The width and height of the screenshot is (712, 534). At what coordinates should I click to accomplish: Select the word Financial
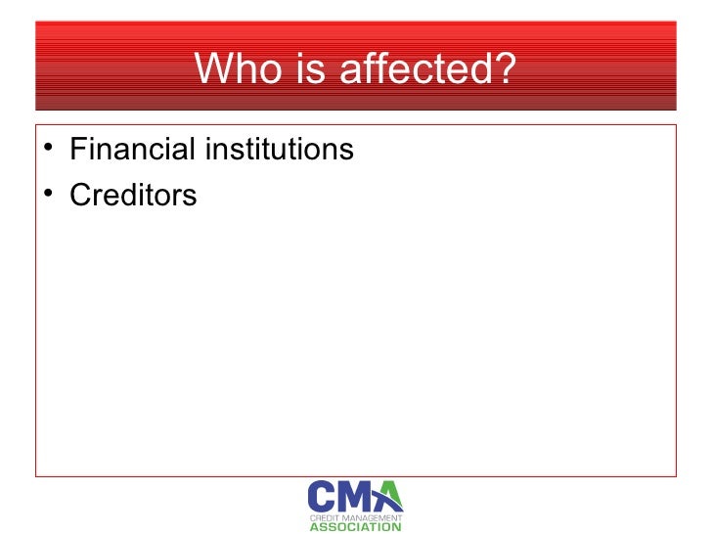click(x=132, y=151)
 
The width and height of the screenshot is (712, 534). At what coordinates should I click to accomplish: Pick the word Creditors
click(x=134, y=195)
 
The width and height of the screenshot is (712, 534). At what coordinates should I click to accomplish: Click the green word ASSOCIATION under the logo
click(x=355, y=527)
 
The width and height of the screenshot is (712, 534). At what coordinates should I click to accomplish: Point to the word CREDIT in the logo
click(x=324, y=515)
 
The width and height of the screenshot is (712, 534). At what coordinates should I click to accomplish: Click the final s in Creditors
click(x=190, y=196)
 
